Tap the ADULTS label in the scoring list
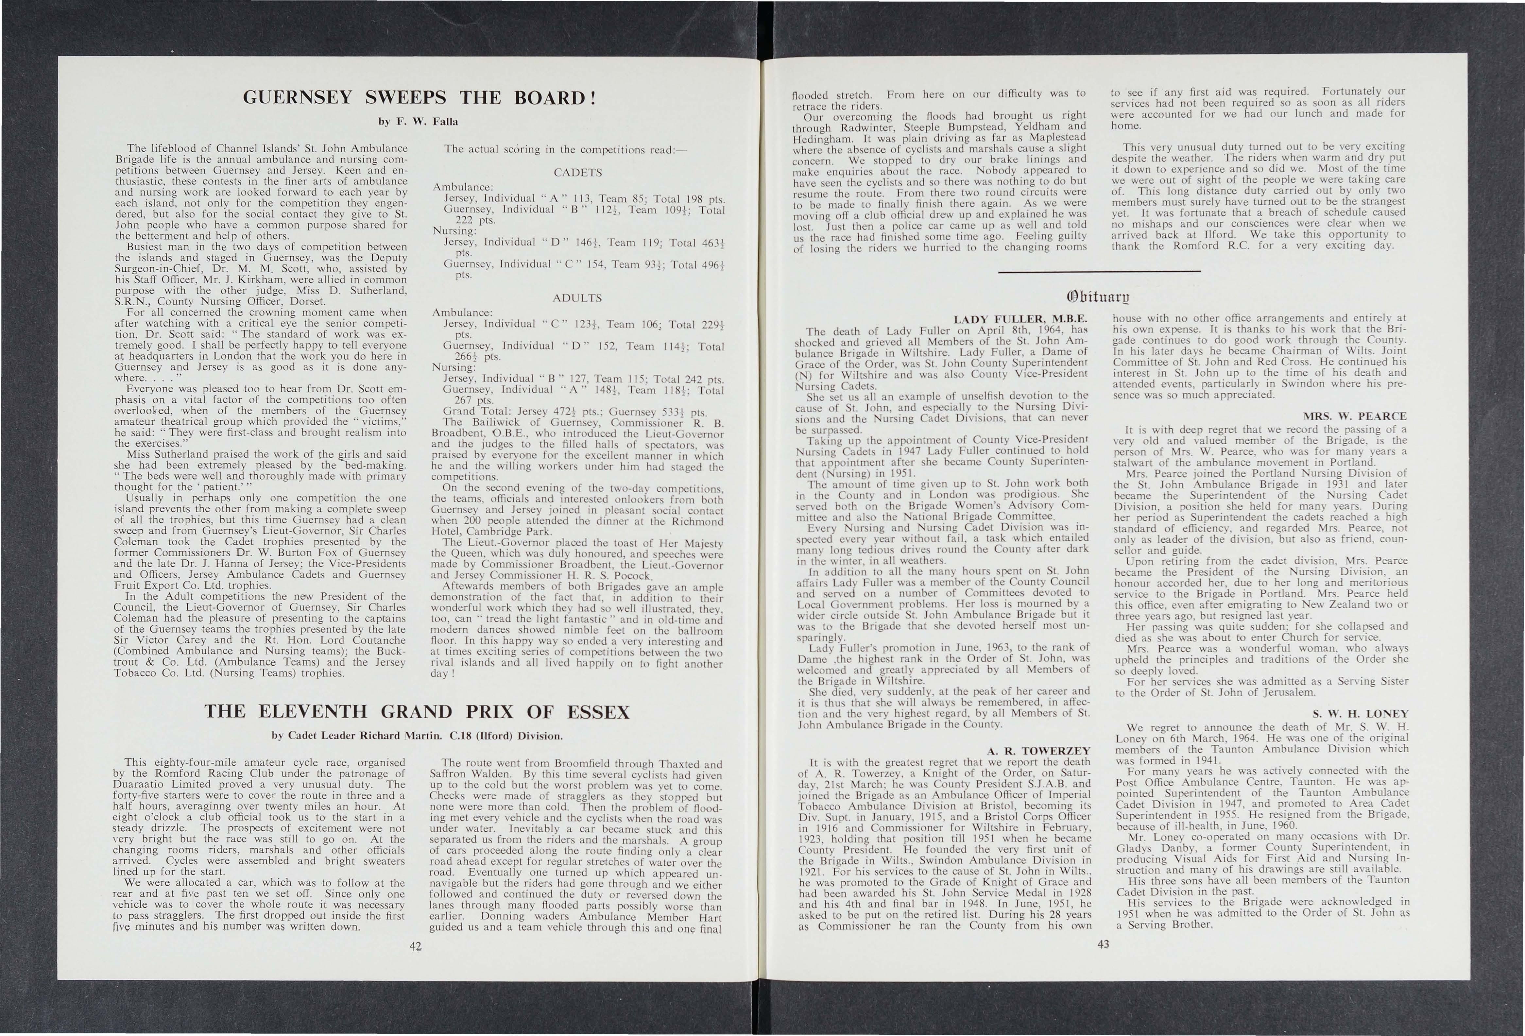(577, 298)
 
